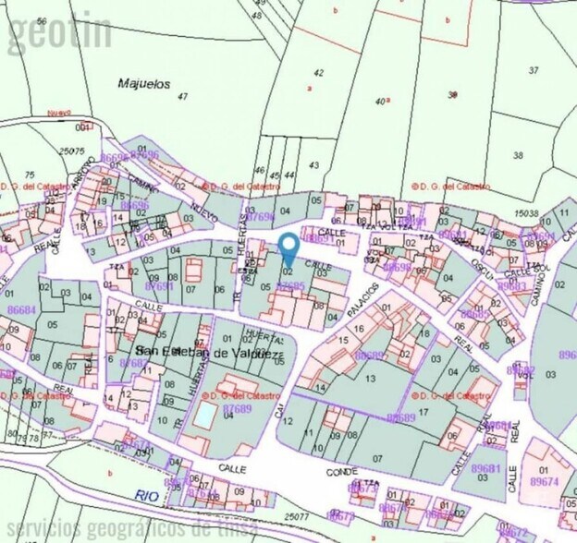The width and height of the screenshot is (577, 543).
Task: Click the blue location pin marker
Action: coord(288,247)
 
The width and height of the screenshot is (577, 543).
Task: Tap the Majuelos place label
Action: coord(145,83)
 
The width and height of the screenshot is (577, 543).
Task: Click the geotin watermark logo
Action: coord(60,32)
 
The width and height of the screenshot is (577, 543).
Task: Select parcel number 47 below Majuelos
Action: coord(182,96)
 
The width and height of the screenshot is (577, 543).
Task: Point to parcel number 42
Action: coord(319,72)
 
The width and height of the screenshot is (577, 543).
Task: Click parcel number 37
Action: coord(534,70)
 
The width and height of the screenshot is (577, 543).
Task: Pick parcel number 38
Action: coord(518,154)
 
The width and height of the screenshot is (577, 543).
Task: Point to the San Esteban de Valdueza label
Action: coord(203,352)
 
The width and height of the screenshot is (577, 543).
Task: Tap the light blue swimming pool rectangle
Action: coord(202,416)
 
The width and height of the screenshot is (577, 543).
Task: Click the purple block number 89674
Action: coord(544,482)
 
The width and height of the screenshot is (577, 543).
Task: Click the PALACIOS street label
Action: coord(363,299)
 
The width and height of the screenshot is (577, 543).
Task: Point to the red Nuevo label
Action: coord(59,113)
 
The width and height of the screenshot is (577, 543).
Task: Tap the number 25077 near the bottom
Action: coord(298,517)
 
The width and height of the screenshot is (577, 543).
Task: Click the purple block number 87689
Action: coord(238,407)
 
